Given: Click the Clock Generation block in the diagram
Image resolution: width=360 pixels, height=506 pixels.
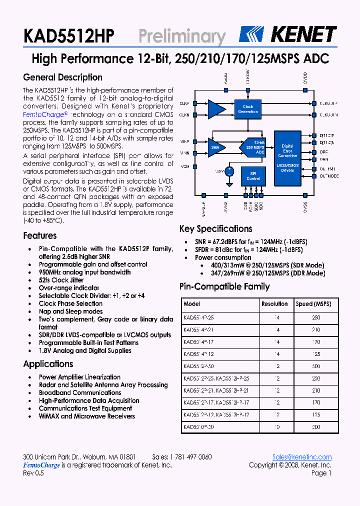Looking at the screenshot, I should pyautogui.click(x=248, y=109).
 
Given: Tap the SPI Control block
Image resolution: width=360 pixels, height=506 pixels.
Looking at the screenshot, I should pyautogui.click(x=253, y=176).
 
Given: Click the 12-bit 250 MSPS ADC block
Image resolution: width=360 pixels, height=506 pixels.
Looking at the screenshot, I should pyautogui.click(x=254, y=147).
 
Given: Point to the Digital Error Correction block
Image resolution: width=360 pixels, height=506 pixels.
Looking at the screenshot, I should pyautogui.click(x=287, y=151).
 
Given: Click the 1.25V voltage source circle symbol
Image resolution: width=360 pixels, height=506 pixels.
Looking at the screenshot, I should pyautogui.click(x=229, y=171).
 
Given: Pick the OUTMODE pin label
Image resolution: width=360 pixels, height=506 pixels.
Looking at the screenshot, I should pyautogui.click(x=329, y=176).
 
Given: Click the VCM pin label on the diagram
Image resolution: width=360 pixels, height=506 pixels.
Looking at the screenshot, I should pyautogui.click(x=184, y=166).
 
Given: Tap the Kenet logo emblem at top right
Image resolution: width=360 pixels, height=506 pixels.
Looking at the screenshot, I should pyautogui.click(x=254, y=34).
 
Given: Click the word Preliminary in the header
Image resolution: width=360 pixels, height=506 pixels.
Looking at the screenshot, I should pyautogui.click(x=182, y=36).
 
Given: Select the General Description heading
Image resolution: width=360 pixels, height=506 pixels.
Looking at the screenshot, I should pyautogui.click(x=62, y=77).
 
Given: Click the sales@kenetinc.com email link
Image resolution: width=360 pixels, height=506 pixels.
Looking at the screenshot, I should pyautogui.click(x=302, y=457).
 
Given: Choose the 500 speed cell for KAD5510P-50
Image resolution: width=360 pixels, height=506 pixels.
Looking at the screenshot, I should pyautogui.click(x=315, y=427).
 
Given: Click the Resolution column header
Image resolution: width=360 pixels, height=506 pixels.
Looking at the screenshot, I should pyautogui.click(x=274, y=304).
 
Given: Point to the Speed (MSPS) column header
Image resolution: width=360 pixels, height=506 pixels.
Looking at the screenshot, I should pyautogui.click(x=313, y=304).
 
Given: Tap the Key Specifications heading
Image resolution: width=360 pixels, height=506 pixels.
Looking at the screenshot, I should pyautogui.click(x=215, y=229).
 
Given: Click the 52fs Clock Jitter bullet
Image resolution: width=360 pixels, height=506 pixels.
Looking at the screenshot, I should pyautogui.click(x=61, y=280).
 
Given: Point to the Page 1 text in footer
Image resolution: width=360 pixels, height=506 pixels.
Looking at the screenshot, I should pyautogui.click(x=321, y=473).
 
